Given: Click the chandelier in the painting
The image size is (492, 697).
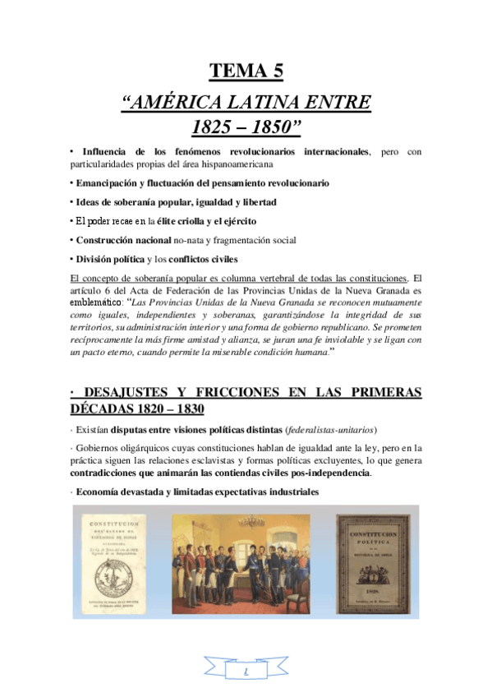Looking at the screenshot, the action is click(251, 523).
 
